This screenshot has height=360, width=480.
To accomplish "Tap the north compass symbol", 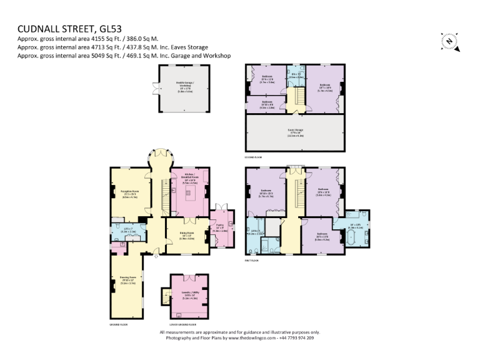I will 449,41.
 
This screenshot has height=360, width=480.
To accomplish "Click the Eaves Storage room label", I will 295,134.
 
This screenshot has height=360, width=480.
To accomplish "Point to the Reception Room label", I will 130,193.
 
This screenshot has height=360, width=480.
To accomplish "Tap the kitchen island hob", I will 189,193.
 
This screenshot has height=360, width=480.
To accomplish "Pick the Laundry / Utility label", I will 190,296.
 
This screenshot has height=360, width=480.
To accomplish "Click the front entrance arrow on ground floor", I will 157,256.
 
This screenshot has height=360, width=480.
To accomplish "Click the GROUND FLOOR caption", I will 119,324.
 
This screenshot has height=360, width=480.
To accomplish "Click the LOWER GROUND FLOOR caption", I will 184,324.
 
